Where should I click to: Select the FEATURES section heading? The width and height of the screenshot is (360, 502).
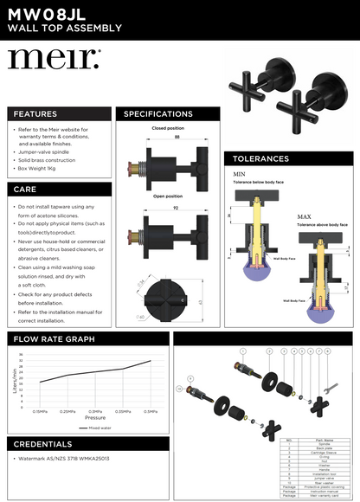coord(35,114)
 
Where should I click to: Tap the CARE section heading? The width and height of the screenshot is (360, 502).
coord(25,189)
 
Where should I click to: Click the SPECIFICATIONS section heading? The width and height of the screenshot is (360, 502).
coord(158,114)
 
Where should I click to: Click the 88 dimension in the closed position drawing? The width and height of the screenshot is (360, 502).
coord(177,137)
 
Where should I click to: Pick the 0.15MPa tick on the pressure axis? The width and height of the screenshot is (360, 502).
coord(41,411)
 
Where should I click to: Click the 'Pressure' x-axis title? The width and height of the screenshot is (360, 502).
coord(95,417)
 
